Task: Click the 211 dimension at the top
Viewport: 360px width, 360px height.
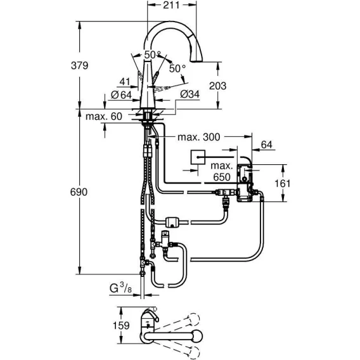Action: (171, 5)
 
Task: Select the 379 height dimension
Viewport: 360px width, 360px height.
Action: (79, 66)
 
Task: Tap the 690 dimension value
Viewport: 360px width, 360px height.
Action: (79, 192)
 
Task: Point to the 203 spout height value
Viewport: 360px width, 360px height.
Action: (217, 86)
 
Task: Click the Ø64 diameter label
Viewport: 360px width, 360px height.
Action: (121, 95)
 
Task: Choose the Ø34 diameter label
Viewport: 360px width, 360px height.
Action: (190, 94)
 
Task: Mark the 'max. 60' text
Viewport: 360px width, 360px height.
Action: (104, 117)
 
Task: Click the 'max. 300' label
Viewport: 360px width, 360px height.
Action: (199, 137)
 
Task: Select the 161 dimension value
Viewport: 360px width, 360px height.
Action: (283, 183)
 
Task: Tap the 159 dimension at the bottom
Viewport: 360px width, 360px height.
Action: (121, 326)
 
